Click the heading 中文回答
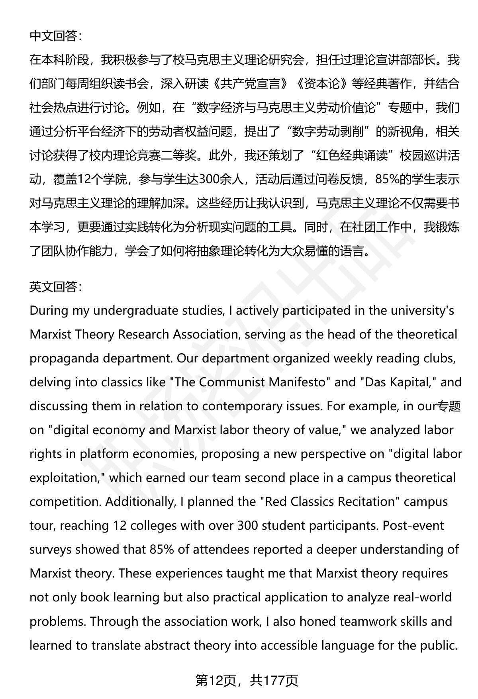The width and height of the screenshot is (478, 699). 55,36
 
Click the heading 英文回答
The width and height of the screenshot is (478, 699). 55,287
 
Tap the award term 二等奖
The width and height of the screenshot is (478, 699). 184,156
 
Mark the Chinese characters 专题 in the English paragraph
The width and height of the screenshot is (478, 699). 449,406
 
